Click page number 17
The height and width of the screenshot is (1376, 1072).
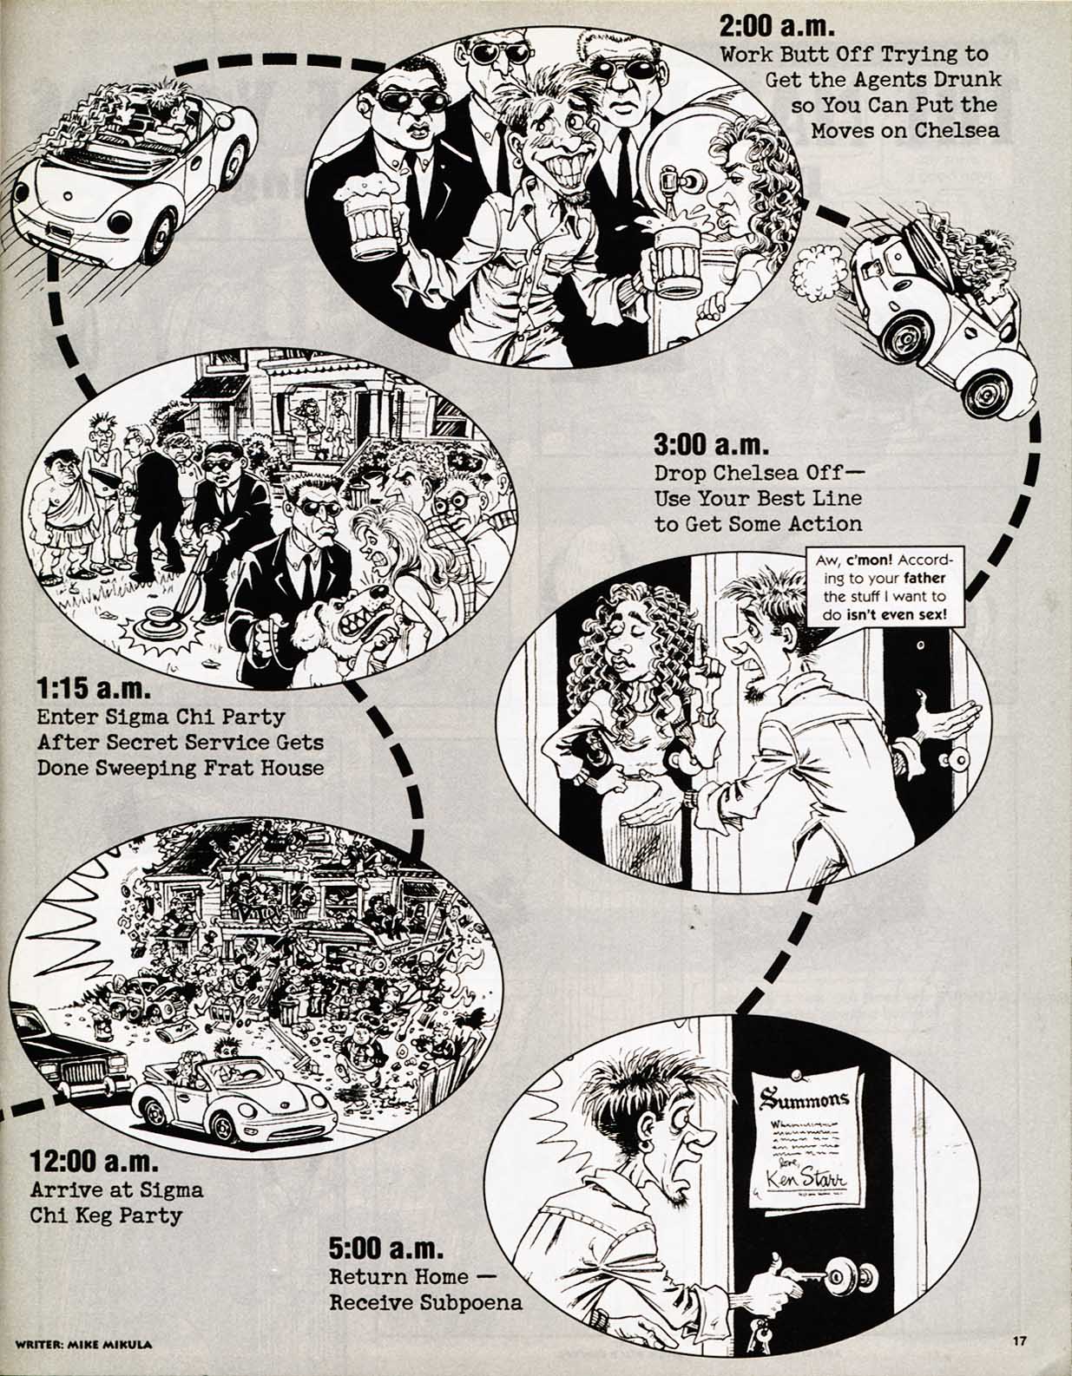coord(1020,1342)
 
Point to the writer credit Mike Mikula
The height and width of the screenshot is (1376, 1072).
coord(83,1344)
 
